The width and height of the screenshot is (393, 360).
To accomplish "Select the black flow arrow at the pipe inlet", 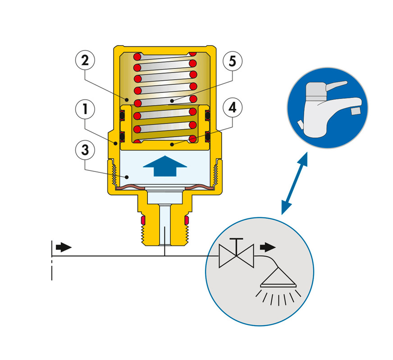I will tap(64, 247).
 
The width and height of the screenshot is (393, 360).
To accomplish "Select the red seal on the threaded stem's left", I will tap(143, 220).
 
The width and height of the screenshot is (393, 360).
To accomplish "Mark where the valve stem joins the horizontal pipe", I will tap(165, 256).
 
